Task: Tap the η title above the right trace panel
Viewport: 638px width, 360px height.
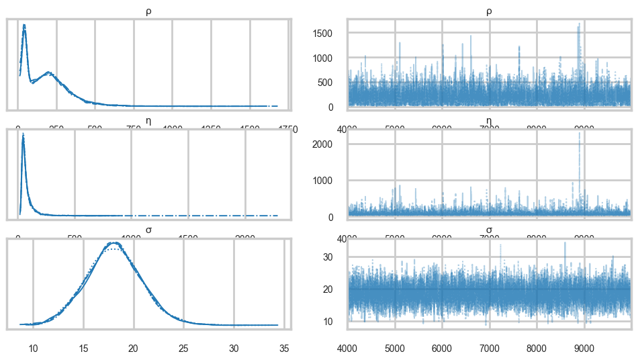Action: [x=489, y=121]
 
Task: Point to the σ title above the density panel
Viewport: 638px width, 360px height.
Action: [x=148, y=230]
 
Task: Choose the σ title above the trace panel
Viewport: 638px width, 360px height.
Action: [x=489, y=230]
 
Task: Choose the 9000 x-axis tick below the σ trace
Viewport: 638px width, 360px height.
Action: [x=584, y=349]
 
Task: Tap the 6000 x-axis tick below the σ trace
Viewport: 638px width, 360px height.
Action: [x=442, y=349]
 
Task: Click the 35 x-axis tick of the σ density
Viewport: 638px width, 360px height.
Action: [x=284, y=349]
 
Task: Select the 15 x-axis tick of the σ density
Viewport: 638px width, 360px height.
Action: [x=83, y=349]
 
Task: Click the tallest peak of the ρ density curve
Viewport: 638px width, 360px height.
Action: [x=24, y=26]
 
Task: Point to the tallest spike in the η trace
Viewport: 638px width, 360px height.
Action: [x=580, y=133]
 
